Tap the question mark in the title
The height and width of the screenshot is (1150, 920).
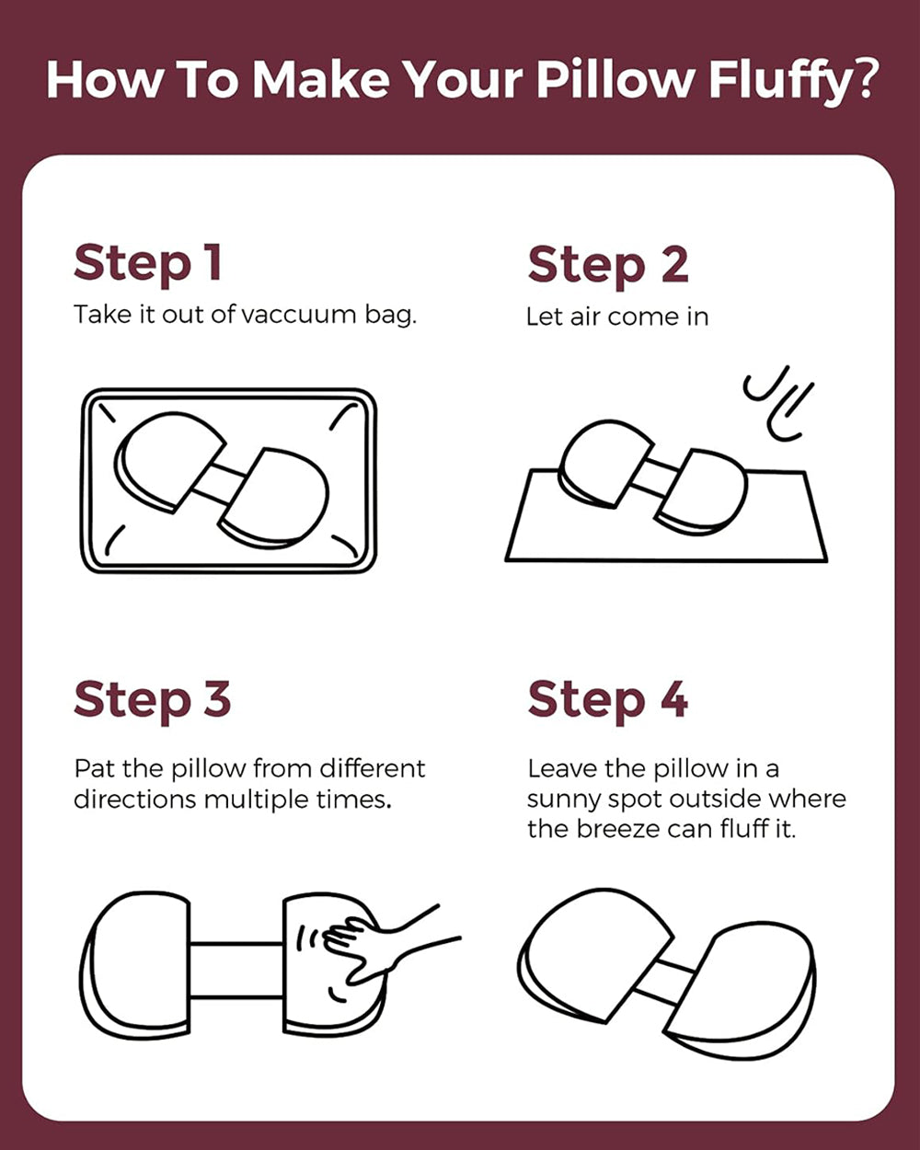pos(863,77)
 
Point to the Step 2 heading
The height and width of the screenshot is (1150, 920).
pos(608,266)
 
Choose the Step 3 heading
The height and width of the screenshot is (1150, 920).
pos(153,701)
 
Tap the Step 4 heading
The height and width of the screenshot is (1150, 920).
pos(608,701)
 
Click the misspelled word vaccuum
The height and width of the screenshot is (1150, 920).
pos(298,316)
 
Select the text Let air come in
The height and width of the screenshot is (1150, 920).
pos(617,316)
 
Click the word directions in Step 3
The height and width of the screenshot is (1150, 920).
pos(136,800)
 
